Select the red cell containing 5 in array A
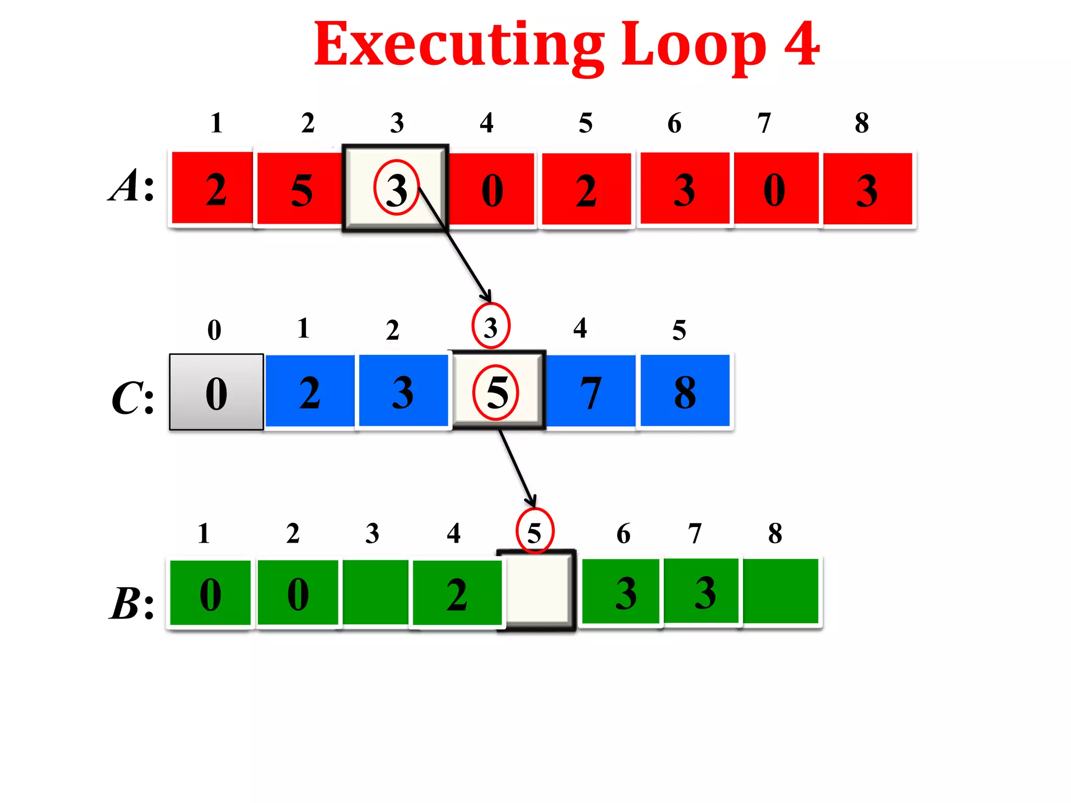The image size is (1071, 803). click(300, 189)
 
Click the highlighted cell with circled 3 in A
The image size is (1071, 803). click(396, 188)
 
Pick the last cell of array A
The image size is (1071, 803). click(868, 189)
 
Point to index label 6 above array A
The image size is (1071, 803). click(675, 123)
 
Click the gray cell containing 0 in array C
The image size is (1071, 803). click(217, 392)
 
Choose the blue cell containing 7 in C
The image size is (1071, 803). click(590, 392)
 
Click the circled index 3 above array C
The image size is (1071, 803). click(491, 327)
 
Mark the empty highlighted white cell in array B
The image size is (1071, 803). click(537, 590)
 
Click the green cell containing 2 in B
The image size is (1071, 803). click(457, 593)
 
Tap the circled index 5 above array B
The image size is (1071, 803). click(534, 532)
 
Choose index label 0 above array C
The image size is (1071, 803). click(214, 330)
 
